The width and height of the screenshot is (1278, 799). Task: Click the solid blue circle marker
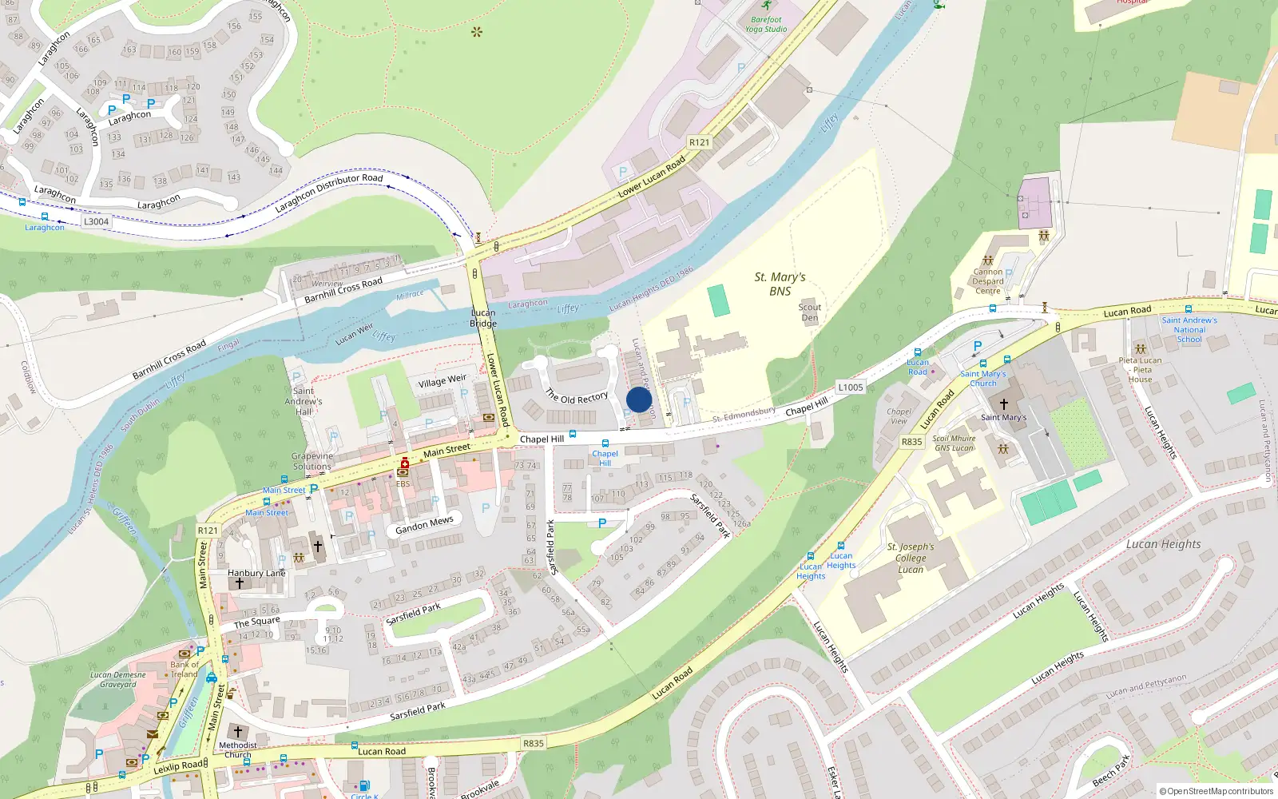pyautogui.click(x=639, y=399)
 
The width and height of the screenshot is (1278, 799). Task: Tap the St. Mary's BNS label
pyautogui.click(x=780, y=284)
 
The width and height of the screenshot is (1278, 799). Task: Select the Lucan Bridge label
pyautogui.click(x=483, y=318)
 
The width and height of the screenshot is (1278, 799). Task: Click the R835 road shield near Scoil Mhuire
pyautogui.click(x=911, y=442)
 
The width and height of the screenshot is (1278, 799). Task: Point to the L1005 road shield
pyautogui.click(x=851, y=388)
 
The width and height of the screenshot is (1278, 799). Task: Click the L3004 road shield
pyautogui.click(x=96, y=222)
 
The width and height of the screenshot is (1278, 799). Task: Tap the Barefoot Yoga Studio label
pyautogui.click(x=766, y=24)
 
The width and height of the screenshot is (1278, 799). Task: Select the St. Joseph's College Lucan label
pyautogui.click(x=911, y=558)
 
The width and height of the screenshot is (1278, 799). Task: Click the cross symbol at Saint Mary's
pyautogui.click(x=1004, y=404)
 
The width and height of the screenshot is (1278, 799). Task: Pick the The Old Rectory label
pyautogui.click(x=577, y=396)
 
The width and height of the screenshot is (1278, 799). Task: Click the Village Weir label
pyautogui.click(x=442, y=381)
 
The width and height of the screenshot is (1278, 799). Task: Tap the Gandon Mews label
pyautogui.click(x=424, y=524)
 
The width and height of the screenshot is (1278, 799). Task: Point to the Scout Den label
pyautogui.click(x=810, y=312)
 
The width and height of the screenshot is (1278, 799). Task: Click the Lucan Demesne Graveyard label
pyautogui.click(x=118, y=679)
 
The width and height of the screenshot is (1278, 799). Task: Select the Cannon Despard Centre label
pyautogui.click(x=988, y=281)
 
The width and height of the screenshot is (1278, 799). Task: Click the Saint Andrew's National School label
pyautogui.click(x=1189, y=329)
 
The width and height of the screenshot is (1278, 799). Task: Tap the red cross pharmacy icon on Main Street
pyautogui.click(x=404, y=463)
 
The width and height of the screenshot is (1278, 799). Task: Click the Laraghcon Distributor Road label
pyautogui.click(x=329, y=193)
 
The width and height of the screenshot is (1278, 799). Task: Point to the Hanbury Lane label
pyautogui.click(x=256, y=573)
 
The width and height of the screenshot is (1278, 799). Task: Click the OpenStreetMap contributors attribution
pyautogui.click(x=1216, y=791)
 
